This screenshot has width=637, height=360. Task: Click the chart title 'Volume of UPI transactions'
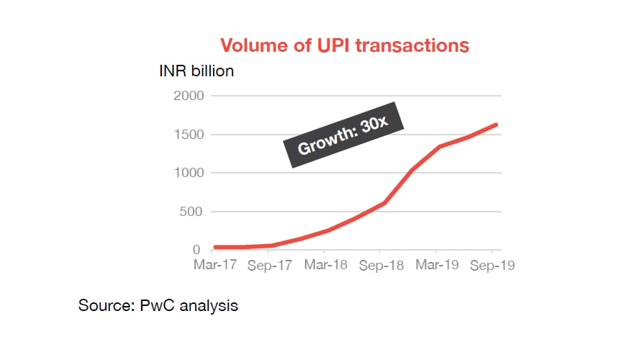pyautogui.click(x=344, y=45)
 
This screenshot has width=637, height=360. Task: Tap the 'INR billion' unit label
pyautogui.click(x=196, y=71)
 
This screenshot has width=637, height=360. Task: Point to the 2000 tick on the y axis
pyautogui.click(x=189, y=96)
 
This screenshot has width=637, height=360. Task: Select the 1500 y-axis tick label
pyautogui.click(x=189, y=135)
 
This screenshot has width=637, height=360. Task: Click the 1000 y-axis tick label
pyautogui.click(x=189, y=173)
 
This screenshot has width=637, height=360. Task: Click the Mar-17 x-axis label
pyautogui.click(x=215, y=265)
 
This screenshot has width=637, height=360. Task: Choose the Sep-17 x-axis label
pyautogui.click(x=270, y=265)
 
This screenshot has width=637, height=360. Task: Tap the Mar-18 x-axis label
pyautogui.click(x=325, y=265)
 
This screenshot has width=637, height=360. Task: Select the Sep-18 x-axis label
pyautogui.click(x=381, y=265)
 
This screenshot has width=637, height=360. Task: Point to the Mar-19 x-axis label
pyautogui.click(x=436, y=265)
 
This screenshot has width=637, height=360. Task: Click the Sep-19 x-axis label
pyautogui.click(x=491, y=265)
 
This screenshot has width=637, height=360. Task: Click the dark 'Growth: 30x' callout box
pyautogui.click(x=343, y=137)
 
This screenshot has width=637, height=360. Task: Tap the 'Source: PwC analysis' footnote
pyautogui.click(x=158, y=306)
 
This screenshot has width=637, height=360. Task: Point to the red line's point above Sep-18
pyautogui.click(x=384, y=203)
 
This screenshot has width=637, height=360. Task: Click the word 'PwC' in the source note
pyautogui.click(x=157, y=306)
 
